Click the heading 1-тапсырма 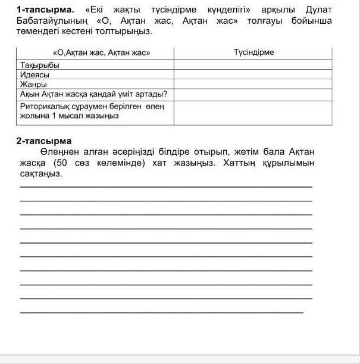coord(45,10)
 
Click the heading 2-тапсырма coord(44,141)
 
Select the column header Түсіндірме coord(254,52)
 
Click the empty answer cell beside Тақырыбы coord(253,65)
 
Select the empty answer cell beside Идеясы coord(253,74)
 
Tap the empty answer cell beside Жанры coord(253,85)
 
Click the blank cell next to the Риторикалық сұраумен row coord(253,113)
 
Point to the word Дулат coord(314,10)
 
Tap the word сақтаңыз coord(39,173)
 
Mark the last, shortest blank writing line coord(162,312)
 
